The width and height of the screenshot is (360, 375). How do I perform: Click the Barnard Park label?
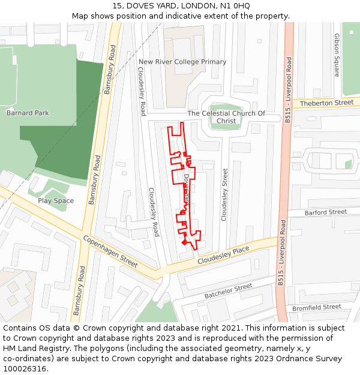point(28,113)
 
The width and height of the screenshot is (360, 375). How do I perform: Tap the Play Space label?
point(56,201)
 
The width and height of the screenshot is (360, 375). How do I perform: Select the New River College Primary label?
point(182,62)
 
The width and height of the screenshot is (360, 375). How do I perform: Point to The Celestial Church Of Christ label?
point(226,117)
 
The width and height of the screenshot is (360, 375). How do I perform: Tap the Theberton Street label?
point(327,103)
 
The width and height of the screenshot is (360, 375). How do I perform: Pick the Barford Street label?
point(326,212)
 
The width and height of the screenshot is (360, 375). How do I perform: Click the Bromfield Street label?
point(317,308)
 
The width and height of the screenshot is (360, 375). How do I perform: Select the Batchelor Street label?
point(229,292)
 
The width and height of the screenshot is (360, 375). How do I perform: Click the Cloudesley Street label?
point(225,194)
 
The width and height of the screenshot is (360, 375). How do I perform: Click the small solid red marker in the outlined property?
point(185,242)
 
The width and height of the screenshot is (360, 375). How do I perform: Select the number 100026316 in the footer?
point(25,368)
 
